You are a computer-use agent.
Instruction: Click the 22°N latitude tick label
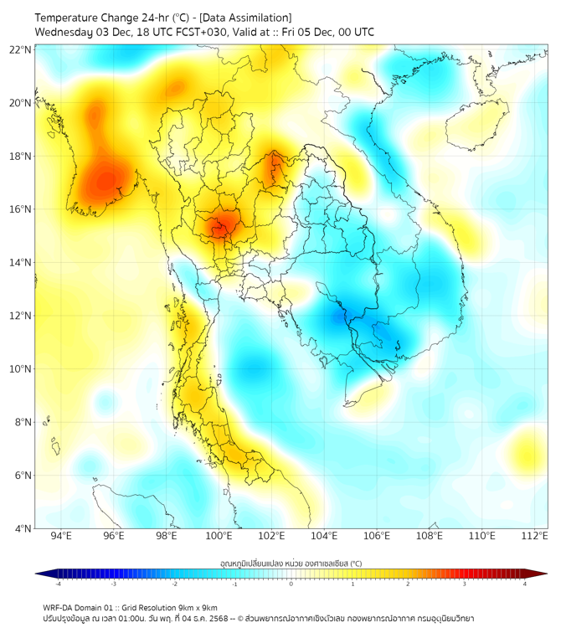coord(21,49)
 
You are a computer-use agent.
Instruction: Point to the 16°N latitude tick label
coord(21,209)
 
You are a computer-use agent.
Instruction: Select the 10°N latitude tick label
coord(21,369)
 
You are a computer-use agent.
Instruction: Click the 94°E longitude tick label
coord(61,536)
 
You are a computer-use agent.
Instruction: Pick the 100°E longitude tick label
coord(219,536)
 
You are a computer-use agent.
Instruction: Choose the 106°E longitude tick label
coord(377,536)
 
